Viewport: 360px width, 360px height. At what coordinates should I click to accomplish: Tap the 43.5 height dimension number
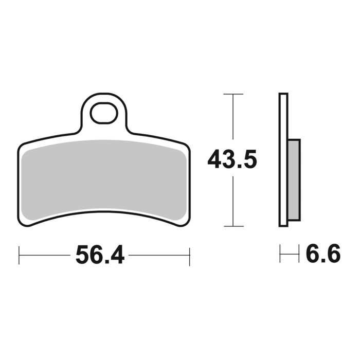coord(231,160)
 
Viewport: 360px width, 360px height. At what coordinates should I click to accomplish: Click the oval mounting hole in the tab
coord(103,113)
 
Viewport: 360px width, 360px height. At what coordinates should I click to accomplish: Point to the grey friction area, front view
coord(103,175)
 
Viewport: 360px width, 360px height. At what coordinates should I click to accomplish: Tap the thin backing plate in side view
coord(283,159)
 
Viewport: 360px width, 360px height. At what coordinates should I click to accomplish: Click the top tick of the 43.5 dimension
coord(233,95)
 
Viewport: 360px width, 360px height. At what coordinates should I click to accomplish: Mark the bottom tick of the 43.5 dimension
coord(233,226)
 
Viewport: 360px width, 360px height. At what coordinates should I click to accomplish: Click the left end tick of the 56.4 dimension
coord(19,255)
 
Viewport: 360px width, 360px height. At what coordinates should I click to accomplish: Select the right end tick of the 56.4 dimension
coord(190,255)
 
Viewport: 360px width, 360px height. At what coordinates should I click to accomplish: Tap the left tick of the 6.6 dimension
coord(280,255)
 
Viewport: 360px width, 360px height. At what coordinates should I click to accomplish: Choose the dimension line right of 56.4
coord(159,255)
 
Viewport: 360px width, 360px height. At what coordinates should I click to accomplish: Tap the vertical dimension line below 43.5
coord(233,201)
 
